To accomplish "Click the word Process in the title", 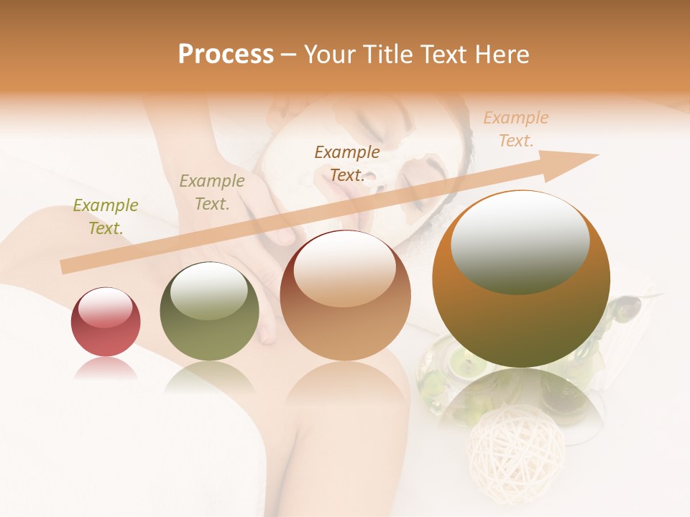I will [226, 55].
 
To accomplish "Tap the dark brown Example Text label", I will [347, 164].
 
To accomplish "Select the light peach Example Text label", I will [515, 129].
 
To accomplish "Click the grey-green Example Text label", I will [212, 192].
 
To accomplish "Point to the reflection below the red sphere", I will [106, 369].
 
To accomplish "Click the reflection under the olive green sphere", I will [209, 377].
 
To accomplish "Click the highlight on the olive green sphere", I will [209, 290].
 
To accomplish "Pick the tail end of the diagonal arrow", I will [66, 267].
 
